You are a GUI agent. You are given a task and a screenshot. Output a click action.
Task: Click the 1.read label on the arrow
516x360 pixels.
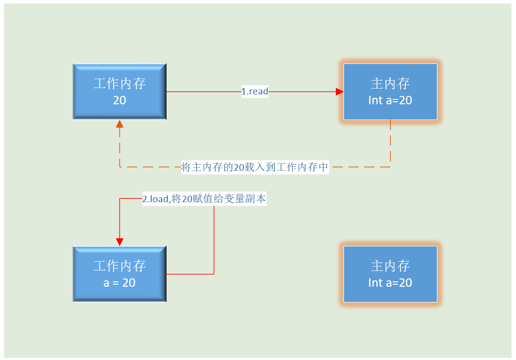255,91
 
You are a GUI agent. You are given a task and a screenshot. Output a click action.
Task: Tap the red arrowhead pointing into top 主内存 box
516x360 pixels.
339,91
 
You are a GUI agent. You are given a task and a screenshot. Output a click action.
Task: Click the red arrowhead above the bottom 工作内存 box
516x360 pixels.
119,241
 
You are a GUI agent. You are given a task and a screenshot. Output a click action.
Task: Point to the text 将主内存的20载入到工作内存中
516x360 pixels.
255,167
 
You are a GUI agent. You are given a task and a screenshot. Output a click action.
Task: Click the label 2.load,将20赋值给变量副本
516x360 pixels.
204,199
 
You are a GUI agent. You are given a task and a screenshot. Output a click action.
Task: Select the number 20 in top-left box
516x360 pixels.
119,100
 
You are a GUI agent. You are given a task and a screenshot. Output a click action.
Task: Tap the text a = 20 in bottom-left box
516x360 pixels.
119,283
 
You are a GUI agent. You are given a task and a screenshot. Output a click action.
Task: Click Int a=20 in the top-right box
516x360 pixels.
390,100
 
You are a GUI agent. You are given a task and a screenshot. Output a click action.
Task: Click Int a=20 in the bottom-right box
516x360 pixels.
390,283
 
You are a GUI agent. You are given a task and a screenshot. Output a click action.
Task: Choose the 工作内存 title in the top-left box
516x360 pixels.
119,84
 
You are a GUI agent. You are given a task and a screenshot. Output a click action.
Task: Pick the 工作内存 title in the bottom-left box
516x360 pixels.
119,266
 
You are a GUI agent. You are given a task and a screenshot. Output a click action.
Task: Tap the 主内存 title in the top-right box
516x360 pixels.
390,84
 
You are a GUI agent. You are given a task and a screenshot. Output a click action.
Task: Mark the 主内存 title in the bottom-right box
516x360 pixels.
390,266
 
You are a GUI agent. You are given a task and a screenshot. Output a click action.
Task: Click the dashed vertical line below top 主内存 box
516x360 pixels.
390,143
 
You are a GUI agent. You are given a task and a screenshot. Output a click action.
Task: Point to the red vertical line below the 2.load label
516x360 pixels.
214,241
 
